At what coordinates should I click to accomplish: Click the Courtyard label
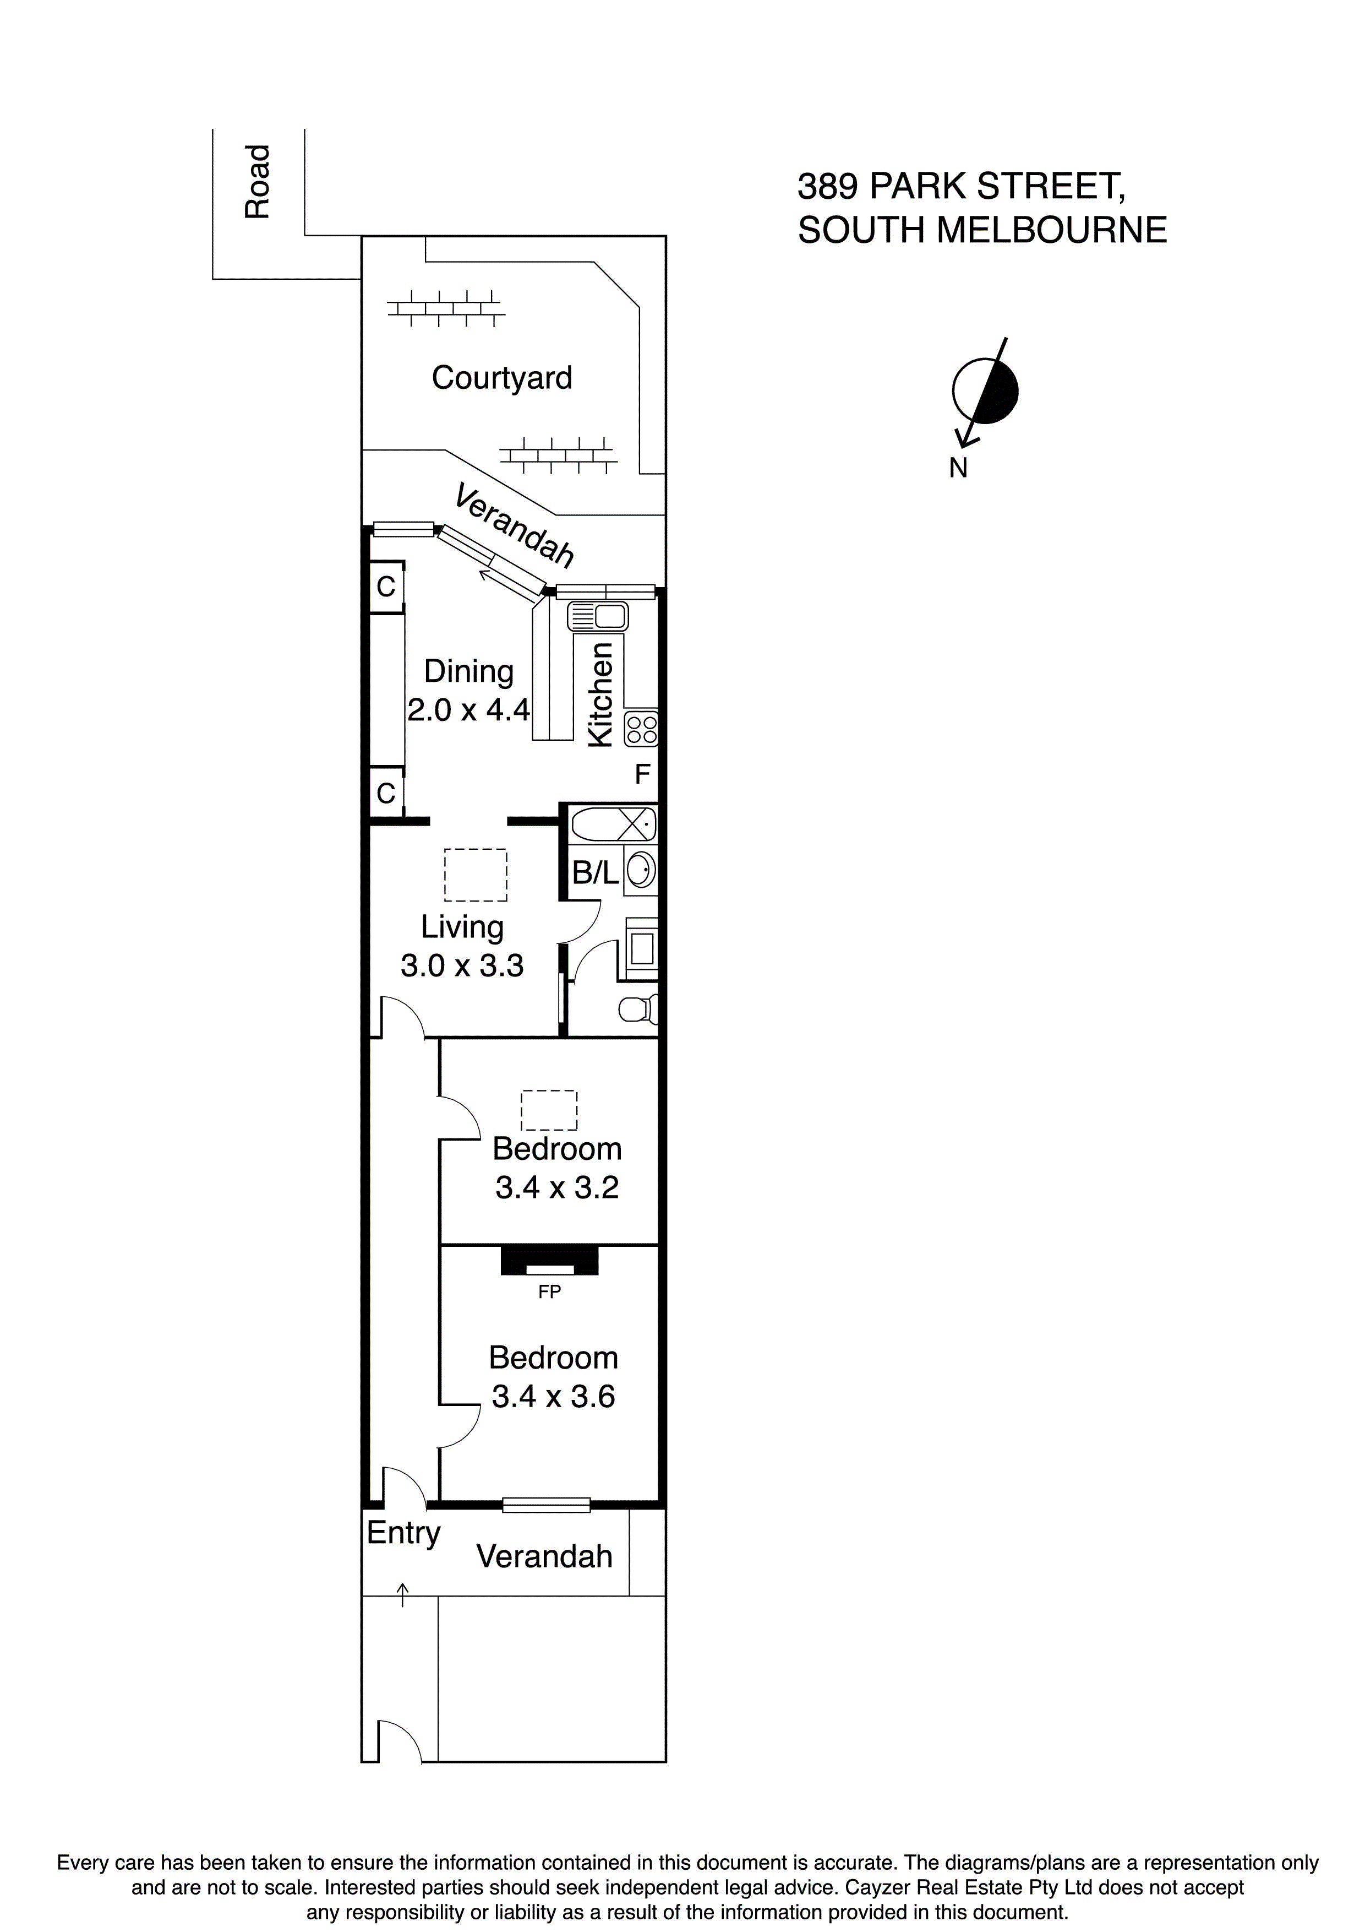click(501, 378)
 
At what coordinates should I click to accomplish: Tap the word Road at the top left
click(258, 182)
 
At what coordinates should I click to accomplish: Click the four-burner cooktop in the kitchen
click(642, 729)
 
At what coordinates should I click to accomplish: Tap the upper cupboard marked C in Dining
click(386, 587)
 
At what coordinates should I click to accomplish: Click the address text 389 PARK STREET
click(962, 186)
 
